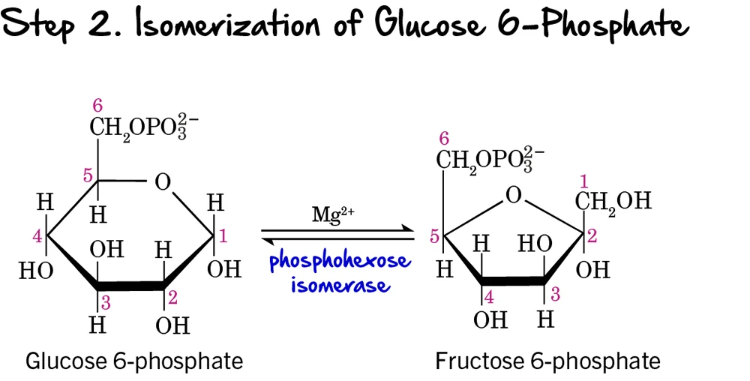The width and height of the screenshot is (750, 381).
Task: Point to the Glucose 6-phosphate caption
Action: coord(134,361)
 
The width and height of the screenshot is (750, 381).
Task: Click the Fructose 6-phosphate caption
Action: coord(547,361)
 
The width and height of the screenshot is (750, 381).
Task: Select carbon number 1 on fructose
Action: coord(585,181)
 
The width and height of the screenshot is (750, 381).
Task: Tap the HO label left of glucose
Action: coord(36,270)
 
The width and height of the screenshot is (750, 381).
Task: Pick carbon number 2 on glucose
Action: coord(172,298)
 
